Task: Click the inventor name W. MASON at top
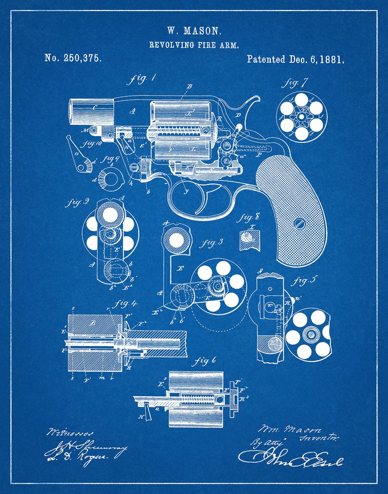pos(194,31)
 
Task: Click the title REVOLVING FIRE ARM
pos(194,45)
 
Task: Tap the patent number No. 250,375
pos(73,58)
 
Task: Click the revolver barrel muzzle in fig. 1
pos(71,112)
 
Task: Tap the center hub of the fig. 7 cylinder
pos(302,116)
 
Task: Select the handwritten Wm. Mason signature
pos(288,429)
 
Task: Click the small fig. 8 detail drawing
pos(249,240)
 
